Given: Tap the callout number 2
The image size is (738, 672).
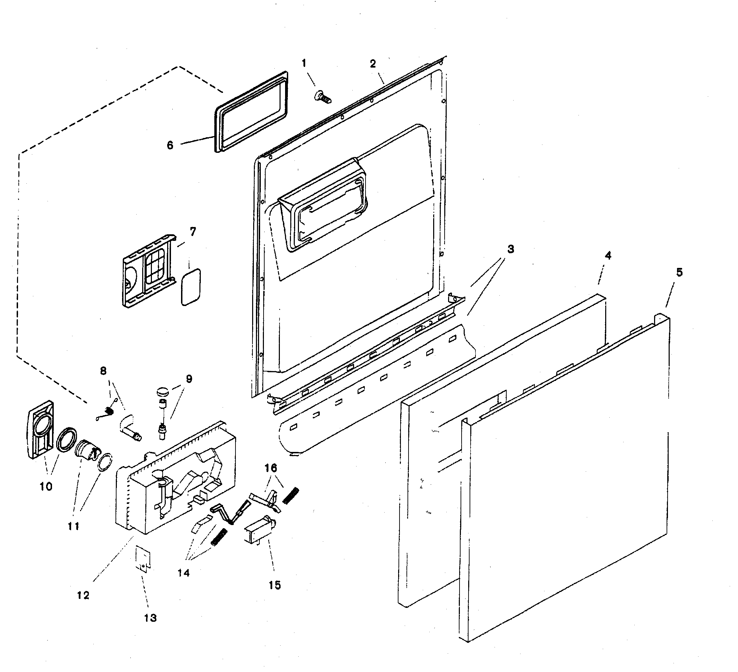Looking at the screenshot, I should point(373,64).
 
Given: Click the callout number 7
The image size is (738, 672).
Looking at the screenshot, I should point(192,232).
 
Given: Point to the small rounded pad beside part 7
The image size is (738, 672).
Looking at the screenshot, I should point(191,287).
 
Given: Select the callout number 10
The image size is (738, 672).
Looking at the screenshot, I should point(46,487).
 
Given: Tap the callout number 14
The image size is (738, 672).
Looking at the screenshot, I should point(184,573).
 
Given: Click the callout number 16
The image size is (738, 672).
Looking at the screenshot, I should point(271,468).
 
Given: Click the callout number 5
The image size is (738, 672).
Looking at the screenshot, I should point(679,272).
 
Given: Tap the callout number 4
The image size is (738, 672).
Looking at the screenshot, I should point(608,256).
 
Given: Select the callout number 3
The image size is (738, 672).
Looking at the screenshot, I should point(510,249).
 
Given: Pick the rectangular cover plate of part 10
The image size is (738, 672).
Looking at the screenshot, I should point(41,429).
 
